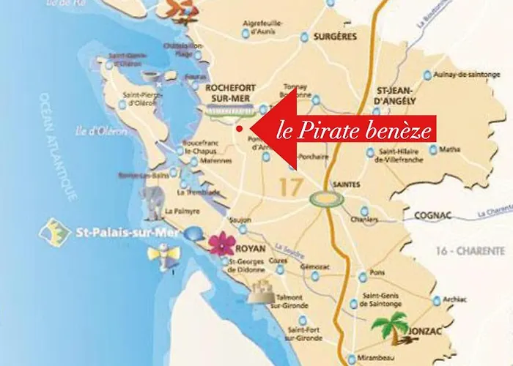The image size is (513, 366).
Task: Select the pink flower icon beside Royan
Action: (219, 244)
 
